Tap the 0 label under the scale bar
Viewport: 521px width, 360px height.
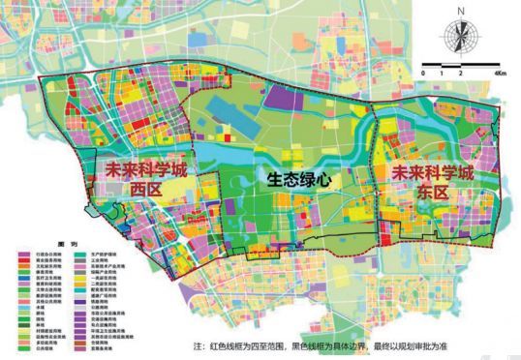coord(424,74)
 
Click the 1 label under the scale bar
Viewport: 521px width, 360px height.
coord(442,74)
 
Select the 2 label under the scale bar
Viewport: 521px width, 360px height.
coord(459,74)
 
